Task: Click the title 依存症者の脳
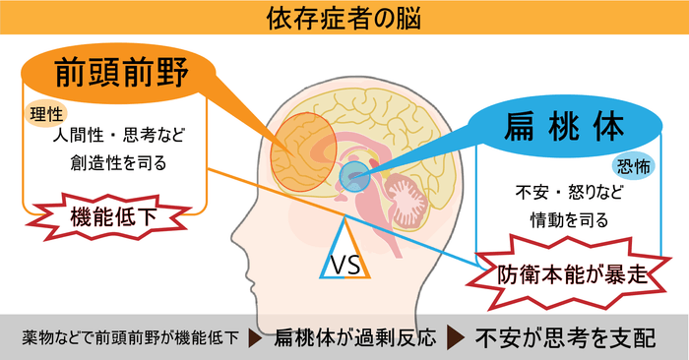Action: tap(344, 18)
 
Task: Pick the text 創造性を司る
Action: tap(118, 163)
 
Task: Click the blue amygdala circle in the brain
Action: tap(354, 177)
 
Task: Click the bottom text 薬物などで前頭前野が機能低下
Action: tap(130, 338)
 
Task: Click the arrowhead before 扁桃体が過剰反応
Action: tap(255, 338)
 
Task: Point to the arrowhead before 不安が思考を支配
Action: tap(455, 338)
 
